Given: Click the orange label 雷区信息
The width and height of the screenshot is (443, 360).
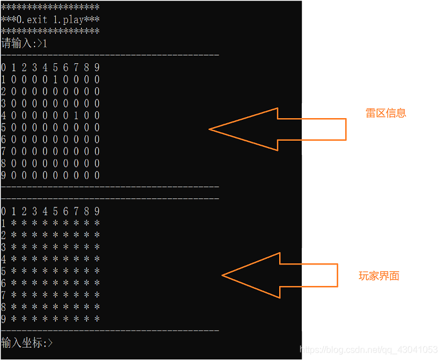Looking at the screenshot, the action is (386, 113).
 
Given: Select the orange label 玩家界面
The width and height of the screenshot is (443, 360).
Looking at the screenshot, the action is (379, 276).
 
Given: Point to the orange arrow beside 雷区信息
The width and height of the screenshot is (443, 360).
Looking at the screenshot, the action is (277, 129).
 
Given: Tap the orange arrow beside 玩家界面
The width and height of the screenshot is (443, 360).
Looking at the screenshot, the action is (279, 275).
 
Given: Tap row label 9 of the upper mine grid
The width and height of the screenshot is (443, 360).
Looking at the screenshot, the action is (4, 175).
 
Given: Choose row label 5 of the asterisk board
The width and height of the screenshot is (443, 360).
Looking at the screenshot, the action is (4, 271).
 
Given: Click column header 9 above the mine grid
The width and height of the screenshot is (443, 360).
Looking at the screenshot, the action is (97, 68).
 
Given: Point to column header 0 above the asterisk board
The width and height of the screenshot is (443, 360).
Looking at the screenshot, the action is (4, 211).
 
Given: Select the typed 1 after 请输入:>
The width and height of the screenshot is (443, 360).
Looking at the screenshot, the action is (45, 44).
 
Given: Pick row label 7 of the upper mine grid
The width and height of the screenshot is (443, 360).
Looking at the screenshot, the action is (4, 151).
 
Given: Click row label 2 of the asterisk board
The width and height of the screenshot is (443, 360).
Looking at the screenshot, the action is (4, 235).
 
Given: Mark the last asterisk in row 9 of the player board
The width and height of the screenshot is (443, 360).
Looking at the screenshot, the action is (97, 319).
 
